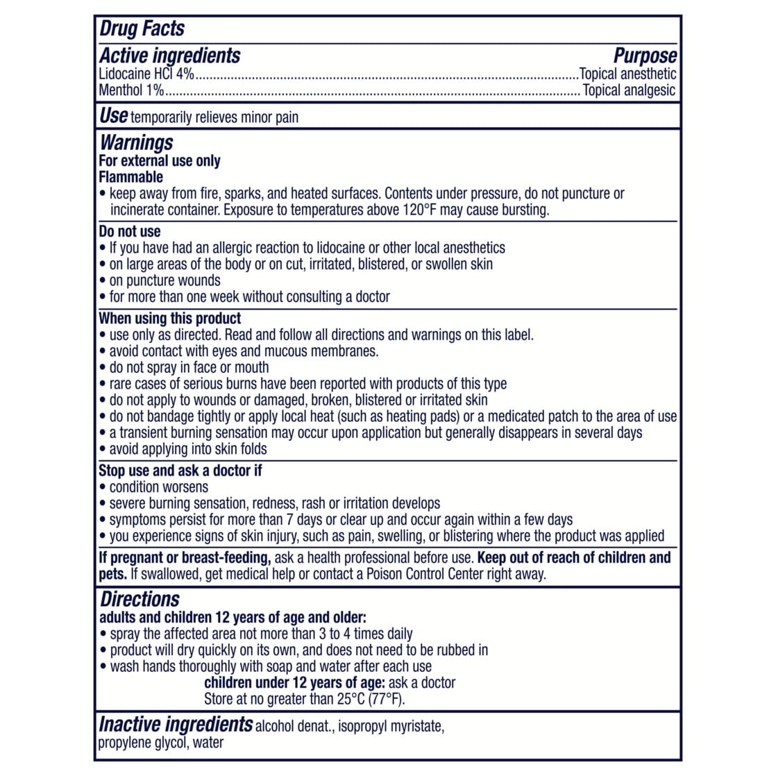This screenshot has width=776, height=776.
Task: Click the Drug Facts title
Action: [x=142, y=28]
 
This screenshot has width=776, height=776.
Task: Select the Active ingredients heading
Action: [x=169, y=56]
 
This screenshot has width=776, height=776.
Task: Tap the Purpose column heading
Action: [x=645, y=56]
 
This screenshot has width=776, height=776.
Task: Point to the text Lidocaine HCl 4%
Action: [x=146, y=74]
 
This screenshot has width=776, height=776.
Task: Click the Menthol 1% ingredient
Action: [x=131, y=90]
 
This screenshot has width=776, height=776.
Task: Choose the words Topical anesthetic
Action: [x=627, y=74]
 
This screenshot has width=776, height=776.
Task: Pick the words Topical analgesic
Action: [x=629, y=90]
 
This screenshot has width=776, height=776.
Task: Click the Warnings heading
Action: [x=136, y=143]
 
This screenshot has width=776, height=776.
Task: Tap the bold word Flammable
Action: [x=130, y=177]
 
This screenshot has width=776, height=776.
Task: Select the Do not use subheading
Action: [x=129, y=231]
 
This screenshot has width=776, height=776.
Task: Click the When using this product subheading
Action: [x=170, y=319]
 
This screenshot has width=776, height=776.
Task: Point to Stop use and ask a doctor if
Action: [x=180, y=471]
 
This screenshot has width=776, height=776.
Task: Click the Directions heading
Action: [x=140, y=599]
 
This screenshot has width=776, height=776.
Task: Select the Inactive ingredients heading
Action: [x=176, y=725]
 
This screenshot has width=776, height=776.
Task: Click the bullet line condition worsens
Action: [x=158, y=487]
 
